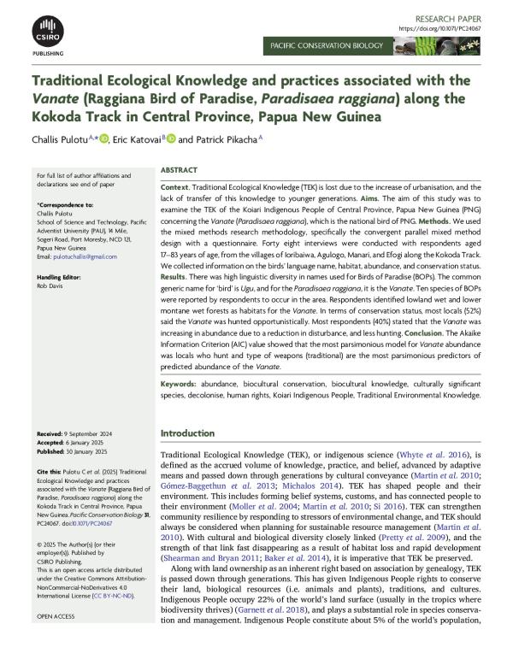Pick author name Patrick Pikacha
coord(226,138)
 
